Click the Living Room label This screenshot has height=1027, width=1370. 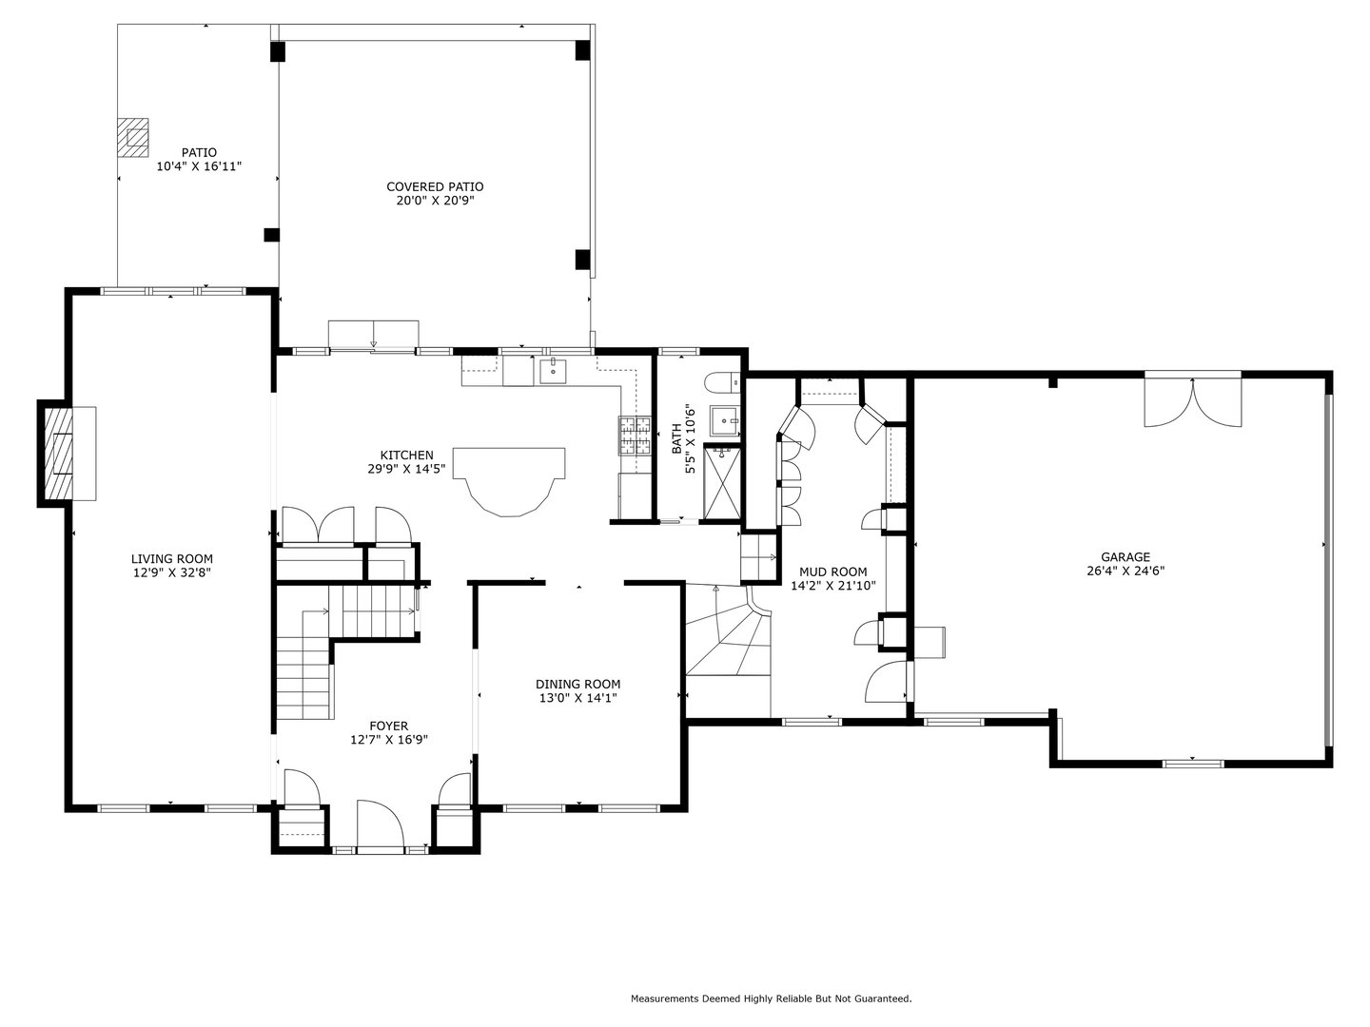pos(172,559)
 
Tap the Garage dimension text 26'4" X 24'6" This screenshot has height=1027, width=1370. pos(1125,572)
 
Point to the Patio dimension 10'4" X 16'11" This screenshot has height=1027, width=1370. pos(199,166)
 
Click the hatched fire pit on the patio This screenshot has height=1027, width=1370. pos(133,137)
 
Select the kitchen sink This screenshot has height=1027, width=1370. pos(553,371)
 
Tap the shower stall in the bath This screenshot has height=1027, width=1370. pos(720,487)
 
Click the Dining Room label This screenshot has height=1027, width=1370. pos(577,685)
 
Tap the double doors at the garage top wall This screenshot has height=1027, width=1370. pos(1192,401)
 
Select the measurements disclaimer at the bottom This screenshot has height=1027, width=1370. pos(771,998)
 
